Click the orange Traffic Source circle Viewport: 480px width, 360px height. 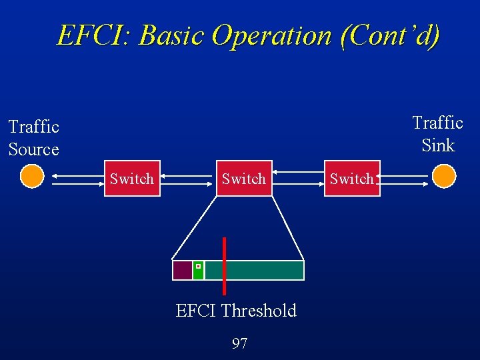tap(31, 177)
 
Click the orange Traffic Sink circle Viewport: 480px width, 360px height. tap(443, 177)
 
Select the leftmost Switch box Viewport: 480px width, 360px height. tap(132, 178)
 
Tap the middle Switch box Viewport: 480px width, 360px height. tap(243, 178)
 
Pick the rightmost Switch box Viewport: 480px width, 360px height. tap(351, 178)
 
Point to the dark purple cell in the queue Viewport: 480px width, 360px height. tap(182, 270)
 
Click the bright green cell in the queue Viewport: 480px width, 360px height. tap(198, 270)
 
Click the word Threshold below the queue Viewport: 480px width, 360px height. tap(259, 311)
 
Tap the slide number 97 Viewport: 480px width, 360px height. tap(239, 344)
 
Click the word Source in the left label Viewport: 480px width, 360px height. tap(34, 149)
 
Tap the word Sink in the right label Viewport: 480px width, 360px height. tap(438, 145)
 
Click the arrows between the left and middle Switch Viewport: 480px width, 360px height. tap(188, 179)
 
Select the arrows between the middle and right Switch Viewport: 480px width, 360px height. tap(299, 179)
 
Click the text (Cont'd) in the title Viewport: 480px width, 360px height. tap(390, 35)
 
